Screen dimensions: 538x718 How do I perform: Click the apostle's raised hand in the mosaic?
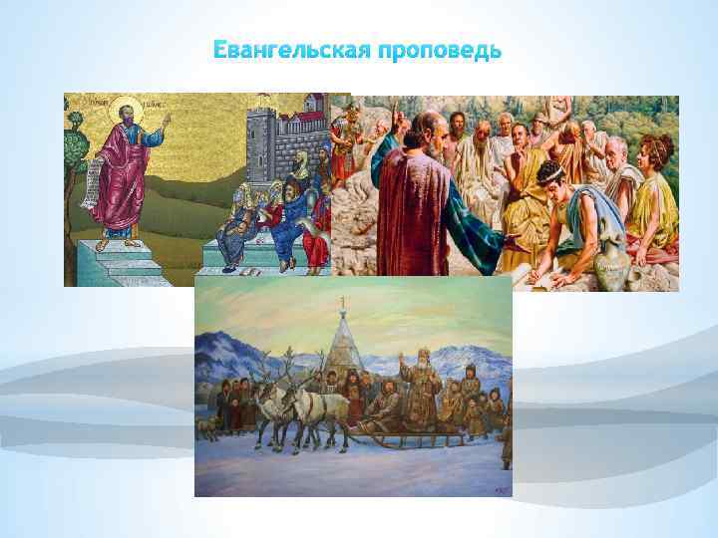(x=166, y=121)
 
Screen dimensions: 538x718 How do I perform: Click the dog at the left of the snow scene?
(x=206, y=427)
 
